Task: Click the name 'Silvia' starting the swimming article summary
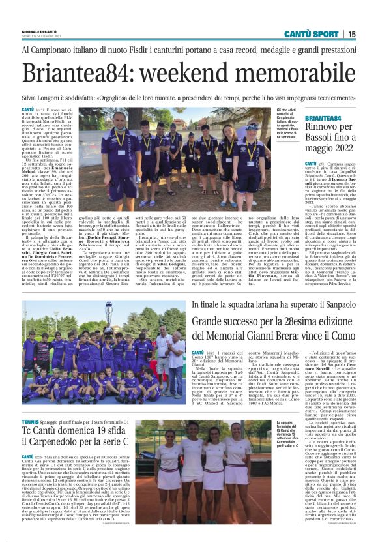pyautogui.click(x=31, y=94)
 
